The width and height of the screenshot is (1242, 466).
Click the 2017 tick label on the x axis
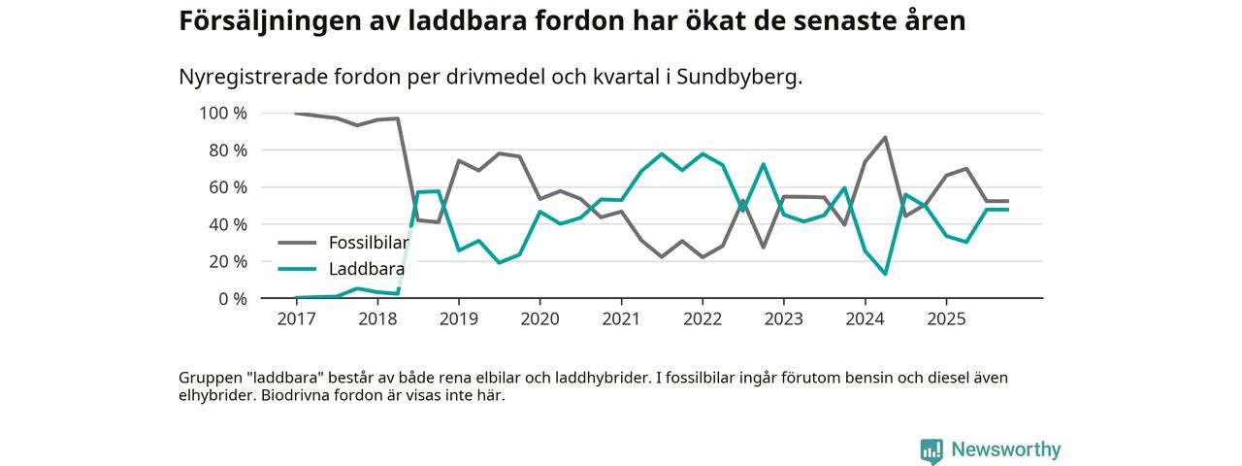tap(297, 318)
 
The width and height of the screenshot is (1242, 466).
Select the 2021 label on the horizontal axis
tap(621, 318)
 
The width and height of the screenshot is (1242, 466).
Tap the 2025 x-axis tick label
tap(945, 318)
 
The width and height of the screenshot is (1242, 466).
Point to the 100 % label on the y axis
tap(223, 114)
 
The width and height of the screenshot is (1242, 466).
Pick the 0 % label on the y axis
tap(232, 299)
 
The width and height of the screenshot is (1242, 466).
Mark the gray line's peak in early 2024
tap(885, 138)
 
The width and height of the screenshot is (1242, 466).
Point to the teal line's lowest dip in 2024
tap(885, 274)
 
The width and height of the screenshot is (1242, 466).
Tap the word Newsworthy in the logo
tap(1006, 450)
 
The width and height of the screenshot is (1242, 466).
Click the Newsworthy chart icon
tap(931, 450)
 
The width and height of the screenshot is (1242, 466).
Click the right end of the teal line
tap(1008, 210)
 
